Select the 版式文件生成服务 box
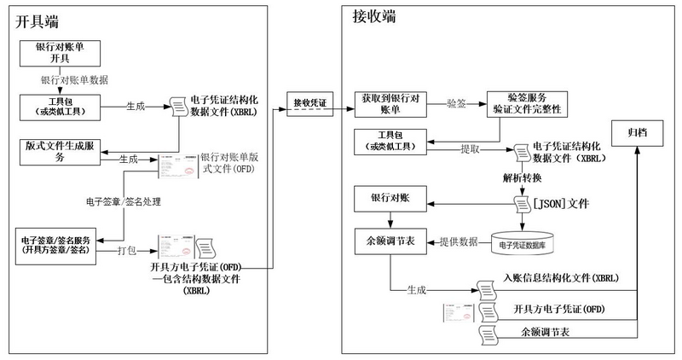60,151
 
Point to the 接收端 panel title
373,17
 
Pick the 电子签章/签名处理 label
124,203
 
